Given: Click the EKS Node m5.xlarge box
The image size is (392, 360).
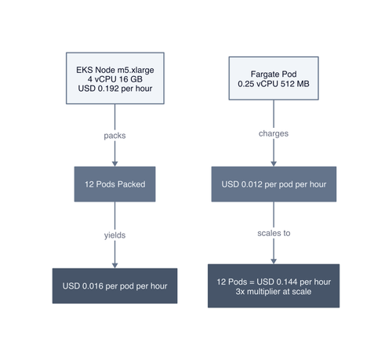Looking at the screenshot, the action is click(x=115, y=78).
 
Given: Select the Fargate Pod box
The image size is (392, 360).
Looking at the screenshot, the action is click(x=274, y=78).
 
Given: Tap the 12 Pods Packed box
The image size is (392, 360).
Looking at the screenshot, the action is click(x=114, y=184).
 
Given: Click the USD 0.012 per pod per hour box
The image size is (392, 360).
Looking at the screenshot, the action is click(x=274, y=184).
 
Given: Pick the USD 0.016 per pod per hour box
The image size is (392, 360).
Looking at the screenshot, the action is click(x=114, y=285).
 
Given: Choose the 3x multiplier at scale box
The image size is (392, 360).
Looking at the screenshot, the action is click(x=274, y=285).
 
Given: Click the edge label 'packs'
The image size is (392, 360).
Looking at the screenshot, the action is click(x=114, y=136).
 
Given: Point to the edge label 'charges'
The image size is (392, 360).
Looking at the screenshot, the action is click(x=274, y=133).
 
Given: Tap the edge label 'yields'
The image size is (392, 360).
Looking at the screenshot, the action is click(x=114, y=235).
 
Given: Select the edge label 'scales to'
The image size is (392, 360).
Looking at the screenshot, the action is click(x=274, y=233).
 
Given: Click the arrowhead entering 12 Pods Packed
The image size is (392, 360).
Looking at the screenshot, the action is click(x=114, y=164).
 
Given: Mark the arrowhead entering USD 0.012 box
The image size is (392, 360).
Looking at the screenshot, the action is click(x=274, y=164).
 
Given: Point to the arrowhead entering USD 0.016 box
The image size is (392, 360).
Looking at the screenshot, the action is click(x=114, y=265).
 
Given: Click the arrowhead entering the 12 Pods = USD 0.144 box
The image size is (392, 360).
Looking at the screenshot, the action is click(x=274, y=261).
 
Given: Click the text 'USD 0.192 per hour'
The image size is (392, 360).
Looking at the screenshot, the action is click(x=115, y=89).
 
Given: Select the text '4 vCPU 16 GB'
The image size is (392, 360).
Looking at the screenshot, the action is click(x=115, y=79).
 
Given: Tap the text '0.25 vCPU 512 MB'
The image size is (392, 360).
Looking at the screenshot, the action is click(x=274, y=84).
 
